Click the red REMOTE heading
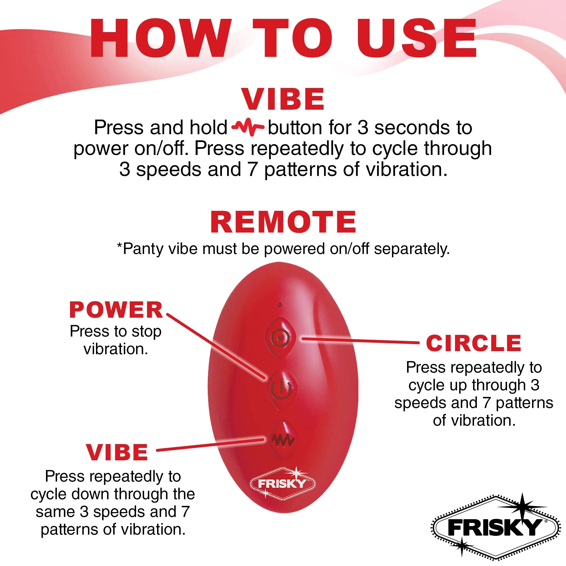[283, 222]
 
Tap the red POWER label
[116, 310]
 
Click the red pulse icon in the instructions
[248, 127]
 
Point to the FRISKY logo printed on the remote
[282, 484]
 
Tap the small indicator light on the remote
[279, 305]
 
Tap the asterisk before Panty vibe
[119, 246]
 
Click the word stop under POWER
[146, 332]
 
